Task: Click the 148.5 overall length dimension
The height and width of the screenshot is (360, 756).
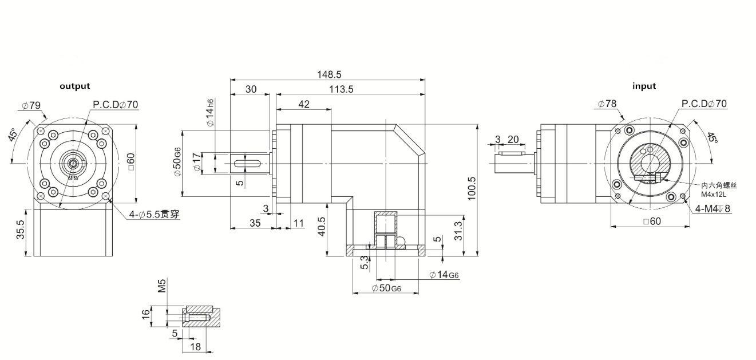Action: (329, 74)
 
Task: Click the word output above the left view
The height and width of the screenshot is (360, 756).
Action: (75, 86)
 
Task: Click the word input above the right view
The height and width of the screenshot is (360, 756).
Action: (644, 86)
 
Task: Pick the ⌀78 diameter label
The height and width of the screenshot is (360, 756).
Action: (607, 104)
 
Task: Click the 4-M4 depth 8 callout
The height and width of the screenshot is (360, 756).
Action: (713, 209)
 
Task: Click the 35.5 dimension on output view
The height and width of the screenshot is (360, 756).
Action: (21, 230)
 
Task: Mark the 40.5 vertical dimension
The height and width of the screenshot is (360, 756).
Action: (321, 227)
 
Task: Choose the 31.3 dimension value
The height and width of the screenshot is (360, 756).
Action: (456, 230)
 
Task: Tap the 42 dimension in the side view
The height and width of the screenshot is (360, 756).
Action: (303, 104)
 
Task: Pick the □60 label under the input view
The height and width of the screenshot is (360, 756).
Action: (652, 221)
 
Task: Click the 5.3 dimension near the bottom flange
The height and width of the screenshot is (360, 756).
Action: (364, 264)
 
